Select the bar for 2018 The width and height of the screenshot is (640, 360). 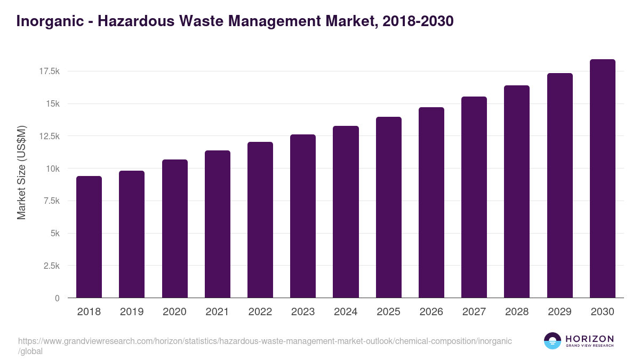[89, 237]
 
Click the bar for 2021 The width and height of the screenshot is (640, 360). [217, 224]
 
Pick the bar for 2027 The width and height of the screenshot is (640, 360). [474, 197]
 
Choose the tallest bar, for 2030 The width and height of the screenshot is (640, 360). [602, 179]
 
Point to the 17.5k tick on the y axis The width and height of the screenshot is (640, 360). [49, 71]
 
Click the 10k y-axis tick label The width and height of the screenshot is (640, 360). [52, 169]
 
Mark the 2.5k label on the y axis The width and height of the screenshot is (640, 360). [51, 266]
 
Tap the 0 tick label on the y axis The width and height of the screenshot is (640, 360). [57, 298]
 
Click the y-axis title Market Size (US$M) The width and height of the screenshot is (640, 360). [21, 172]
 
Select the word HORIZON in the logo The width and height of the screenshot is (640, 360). [589, 339]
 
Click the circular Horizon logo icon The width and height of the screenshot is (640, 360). [553, 341]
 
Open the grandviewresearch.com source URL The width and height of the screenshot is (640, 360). [265, 341]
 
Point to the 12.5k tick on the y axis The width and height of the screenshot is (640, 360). [49, 136]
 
